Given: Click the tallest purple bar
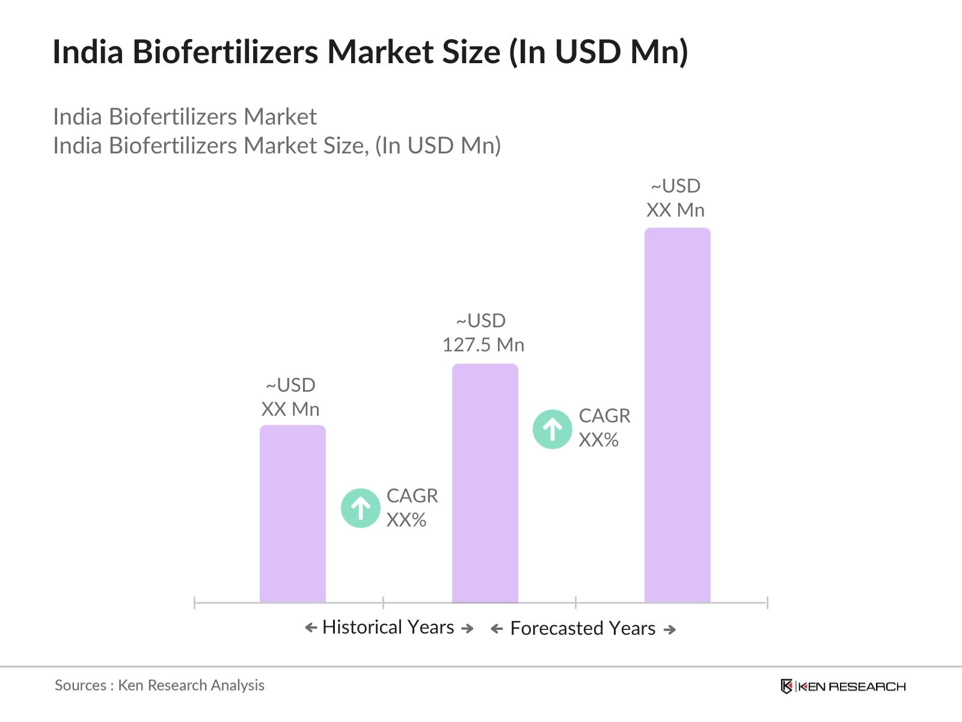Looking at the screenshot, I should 677,415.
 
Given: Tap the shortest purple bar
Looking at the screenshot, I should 292,514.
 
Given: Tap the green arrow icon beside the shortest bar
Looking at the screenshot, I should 360,508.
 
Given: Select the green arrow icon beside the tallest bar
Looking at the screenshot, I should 552,429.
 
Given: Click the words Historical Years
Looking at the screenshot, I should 388,627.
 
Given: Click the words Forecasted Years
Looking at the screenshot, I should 583,628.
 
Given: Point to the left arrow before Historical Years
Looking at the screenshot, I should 311,628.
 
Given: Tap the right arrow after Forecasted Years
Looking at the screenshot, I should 669,630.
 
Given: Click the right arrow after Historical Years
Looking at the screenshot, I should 467,629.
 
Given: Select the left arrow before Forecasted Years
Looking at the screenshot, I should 497,629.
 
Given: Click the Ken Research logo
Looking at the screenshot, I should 843,687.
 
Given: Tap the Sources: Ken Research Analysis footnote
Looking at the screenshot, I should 159,685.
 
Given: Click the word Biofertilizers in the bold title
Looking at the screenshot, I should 225,52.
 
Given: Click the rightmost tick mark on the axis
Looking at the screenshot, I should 767,602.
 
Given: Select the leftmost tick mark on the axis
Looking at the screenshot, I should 195,602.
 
